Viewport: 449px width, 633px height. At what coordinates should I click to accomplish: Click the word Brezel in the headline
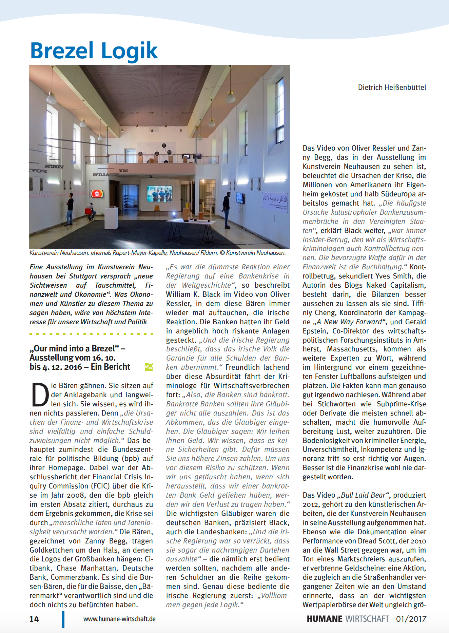pos(62,51)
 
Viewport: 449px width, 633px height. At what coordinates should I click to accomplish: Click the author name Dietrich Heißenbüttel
pos(392,88)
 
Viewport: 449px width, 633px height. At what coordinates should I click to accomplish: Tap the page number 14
pos(34,619)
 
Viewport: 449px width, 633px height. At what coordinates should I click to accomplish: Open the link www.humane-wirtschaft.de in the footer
pos(119,619)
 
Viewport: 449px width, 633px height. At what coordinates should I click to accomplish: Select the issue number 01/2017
pos(411,619)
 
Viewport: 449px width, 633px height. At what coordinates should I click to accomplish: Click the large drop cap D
pos(40,395)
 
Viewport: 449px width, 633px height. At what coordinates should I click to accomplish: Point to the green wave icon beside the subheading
pos(149,367)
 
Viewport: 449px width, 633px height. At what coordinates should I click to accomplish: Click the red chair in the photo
pos(88,212)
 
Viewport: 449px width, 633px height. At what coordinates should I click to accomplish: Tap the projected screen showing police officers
pos(159,194)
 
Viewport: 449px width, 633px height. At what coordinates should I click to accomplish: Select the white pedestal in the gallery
pos(111,217)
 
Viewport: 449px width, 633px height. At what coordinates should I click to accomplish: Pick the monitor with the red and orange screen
pos(97,194)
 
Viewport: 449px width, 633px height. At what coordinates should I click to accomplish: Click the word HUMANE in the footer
pos(325,619)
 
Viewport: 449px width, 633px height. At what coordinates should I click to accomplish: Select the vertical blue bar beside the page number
pos(63,619)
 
